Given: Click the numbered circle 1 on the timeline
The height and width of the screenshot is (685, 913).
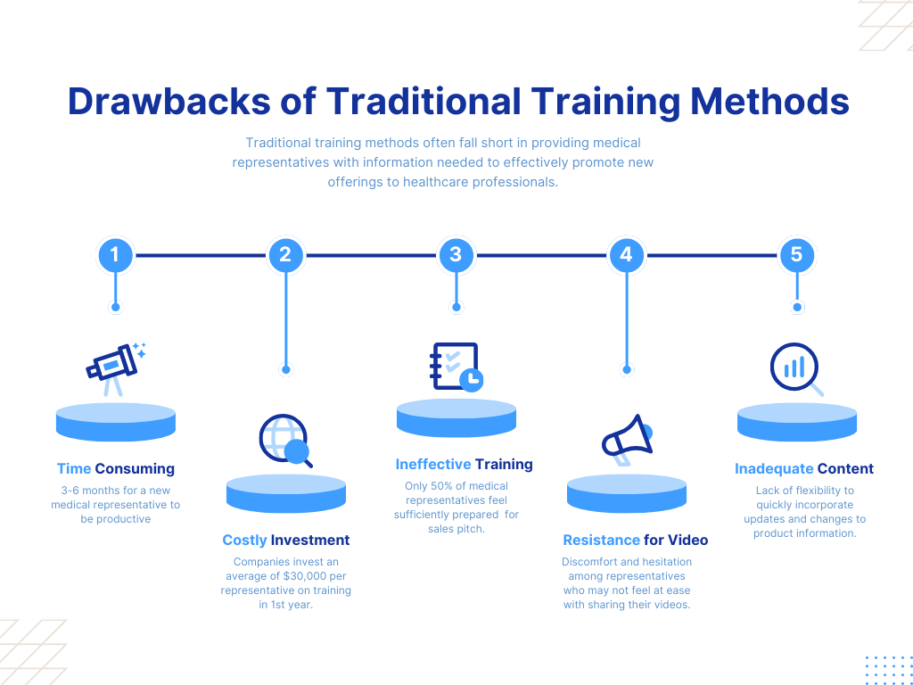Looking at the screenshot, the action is (115, 255).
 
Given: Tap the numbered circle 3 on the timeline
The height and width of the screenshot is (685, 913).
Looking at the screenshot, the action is (456, 255).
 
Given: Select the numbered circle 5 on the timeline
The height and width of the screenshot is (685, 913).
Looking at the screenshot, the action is (796, 255).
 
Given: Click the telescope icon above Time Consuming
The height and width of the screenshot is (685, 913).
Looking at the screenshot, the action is (116, 369).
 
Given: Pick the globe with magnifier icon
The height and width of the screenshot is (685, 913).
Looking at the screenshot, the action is (285, 441).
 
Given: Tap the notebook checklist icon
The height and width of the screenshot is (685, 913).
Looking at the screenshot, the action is (456, 367).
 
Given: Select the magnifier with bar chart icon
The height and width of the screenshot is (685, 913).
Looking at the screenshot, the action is (796, 369).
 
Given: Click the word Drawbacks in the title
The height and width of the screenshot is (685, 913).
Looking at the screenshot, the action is (169, 102).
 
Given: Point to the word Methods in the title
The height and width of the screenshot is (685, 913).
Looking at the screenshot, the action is (769, 102).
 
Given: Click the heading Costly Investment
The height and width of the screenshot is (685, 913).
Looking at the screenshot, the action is (286, 540).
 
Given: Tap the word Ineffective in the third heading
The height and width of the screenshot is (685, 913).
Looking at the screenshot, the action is (433, 464).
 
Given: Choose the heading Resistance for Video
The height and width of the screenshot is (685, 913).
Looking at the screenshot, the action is (635, 540).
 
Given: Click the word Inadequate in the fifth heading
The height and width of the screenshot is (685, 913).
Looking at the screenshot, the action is (774, 469).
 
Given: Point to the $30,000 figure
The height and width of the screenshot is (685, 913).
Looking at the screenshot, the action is (306, 576).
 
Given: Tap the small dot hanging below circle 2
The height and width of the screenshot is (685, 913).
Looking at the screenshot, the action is (285, 369).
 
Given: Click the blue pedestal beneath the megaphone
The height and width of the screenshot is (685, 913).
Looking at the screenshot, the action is (627, 493).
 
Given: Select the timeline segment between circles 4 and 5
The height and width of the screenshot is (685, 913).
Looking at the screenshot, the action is (711, 255).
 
